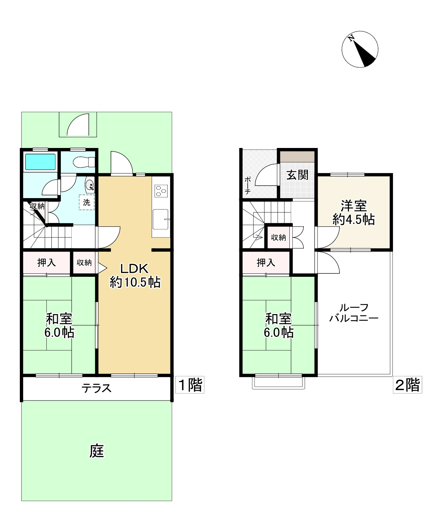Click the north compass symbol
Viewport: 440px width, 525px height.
coord(360,49)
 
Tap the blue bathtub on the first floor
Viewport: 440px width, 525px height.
coord(40,162)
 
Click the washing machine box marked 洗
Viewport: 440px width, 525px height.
coord(87,202)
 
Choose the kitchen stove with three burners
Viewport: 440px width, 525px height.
coord(161,191)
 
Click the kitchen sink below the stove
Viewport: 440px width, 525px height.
coord(161,219)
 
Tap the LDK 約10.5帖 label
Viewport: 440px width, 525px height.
coord(134,275)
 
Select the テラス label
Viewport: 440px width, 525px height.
coord(96,388)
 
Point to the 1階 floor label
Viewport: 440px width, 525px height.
coord(190,385)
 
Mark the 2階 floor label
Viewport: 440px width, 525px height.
coord(407,385)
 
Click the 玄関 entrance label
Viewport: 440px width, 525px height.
coord(297,175)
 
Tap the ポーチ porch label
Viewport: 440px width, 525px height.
coord(247,185)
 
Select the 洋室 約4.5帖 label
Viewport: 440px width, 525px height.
coord(354,212)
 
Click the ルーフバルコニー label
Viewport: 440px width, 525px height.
coord(354,313)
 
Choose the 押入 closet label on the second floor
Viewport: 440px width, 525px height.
coord(266,262)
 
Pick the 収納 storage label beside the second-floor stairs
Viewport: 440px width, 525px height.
coord(278,237)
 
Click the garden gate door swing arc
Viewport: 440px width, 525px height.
coord(78,125)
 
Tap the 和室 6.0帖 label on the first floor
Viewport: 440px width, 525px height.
coord(59,325)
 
